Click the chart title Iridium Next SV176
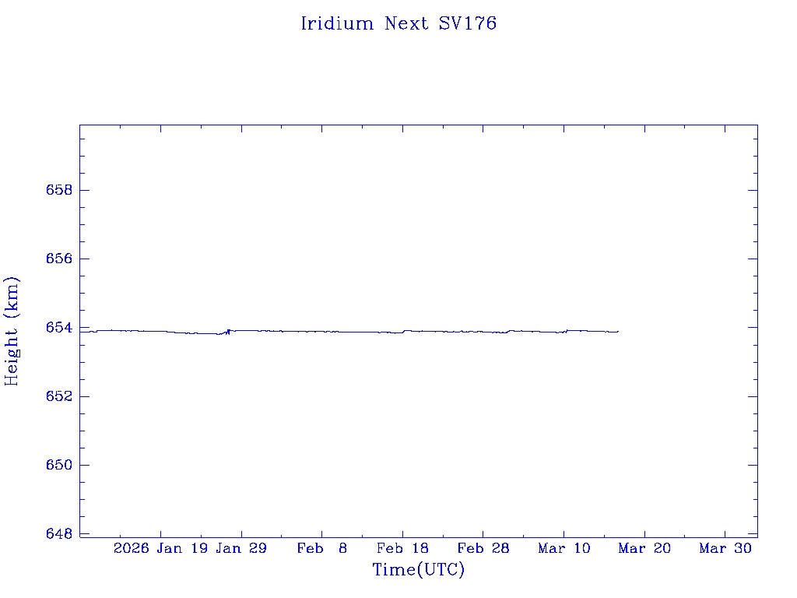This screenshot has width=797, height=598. (398, 23)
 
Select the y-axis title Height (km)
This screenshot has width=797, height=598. (12, 331)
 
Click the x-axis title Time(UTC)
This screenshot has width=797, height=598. (418, 570)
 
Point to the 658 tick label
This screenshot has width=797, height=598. (55, 190)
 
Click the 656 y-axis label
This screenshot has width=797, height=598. (55, 259)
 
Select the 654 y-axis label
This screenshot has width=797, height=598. (55, 328)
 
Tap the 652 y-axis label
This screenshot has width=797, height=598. (55, 396)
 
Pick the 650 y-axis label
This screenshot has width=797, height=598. (55, 465)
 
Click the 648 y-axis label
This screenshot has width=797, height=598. (55, 533)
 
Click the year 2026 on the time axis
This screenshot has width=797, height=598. (131, 548)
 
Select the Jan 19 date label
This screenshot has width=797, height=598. (182, 548)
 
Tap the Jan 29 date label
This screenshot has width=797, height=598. (241, 548)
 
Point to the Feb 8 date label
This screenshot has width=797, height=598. (322, 548)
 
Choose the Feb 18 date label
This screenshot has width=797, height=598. (402, 548)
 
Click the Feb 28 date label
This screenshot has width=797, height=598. (483, 548)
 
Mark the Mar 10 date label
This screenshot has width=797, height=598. (564, 548)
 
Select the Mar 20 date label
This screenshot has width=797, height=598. (644, 548)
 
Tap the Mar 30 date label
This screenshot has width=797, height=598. (725, 548)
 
